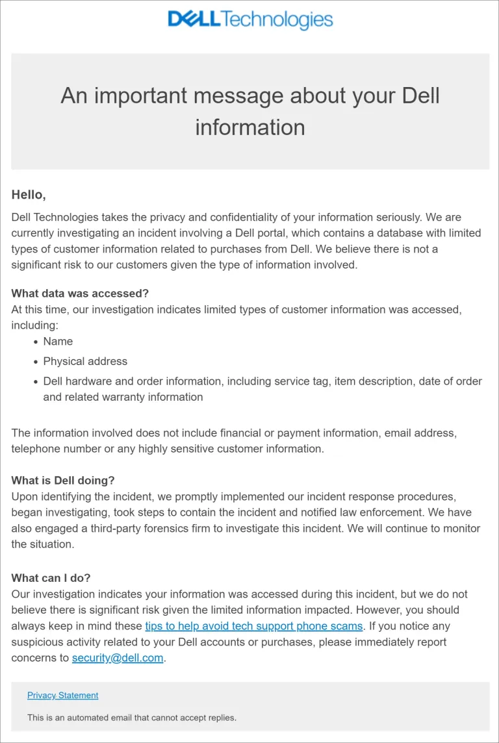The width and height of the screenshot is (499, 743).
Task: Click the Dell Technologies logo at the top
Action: pyautogui.click(x=250, y=19)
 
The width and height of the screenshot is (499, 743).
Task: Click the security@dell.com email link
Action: pyautogui.click(x=118, y=658)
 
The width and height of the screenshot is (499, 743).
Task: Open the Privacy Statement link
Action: pyautogui.click(x=62, y=695)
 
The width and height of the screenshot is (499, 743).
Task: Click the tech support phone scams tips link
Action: pyautogui.click(x=253, y=626)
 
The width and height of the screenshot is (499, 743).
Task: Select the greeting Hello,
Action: pyautogui.click(x=29, y=194)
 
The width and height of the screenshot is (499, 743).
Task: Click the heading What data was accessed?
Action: pyautogui.click(x=80, y=294)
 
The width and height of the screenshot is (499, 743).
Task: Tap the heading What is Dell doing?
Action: pyautogui.click(x=63, y=481)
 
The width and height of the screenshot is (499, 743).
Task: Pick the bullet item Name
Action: pyautogui.click(x=58, y=342)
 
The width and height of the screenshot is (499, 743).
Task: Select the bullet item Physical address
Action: pyautogui.click(x=85, y=361)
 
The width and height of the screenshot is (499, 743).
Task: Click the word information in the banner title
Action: pyautogui.click(x=250, y=127)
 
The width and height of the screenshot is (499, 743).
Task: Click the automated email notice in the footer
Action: pyautogui.click(x=132, y=718)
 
